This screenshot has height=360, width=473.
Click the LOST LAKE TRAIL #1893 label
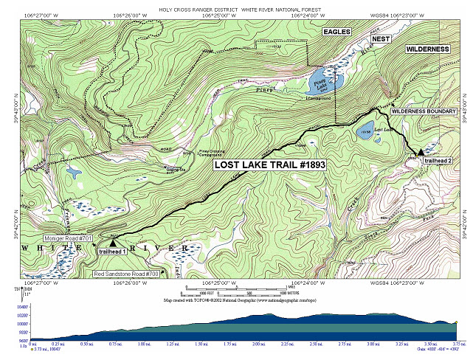coord(269,165)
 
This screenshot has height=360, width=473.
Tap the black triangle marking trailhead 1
coord(113,242)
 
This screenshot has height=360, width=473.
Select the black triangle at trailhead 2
coord(421,152)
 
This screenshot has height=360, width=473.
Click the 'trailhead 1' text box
coord(111,252)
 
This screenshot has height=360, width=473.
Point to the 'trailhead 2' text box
coord(438,161)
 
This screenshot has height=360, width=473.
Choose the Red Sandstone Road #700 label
coord(126,274)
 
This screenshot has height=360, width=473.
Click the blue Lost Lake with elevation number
coord(365,133)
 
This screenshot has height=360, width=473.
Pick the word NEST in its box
coord(380,38)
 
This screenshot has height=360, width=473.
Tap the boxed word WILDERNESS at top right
coord(427,49)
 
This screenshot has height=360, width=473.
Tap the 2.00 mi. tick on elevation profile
coord(258,344)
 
